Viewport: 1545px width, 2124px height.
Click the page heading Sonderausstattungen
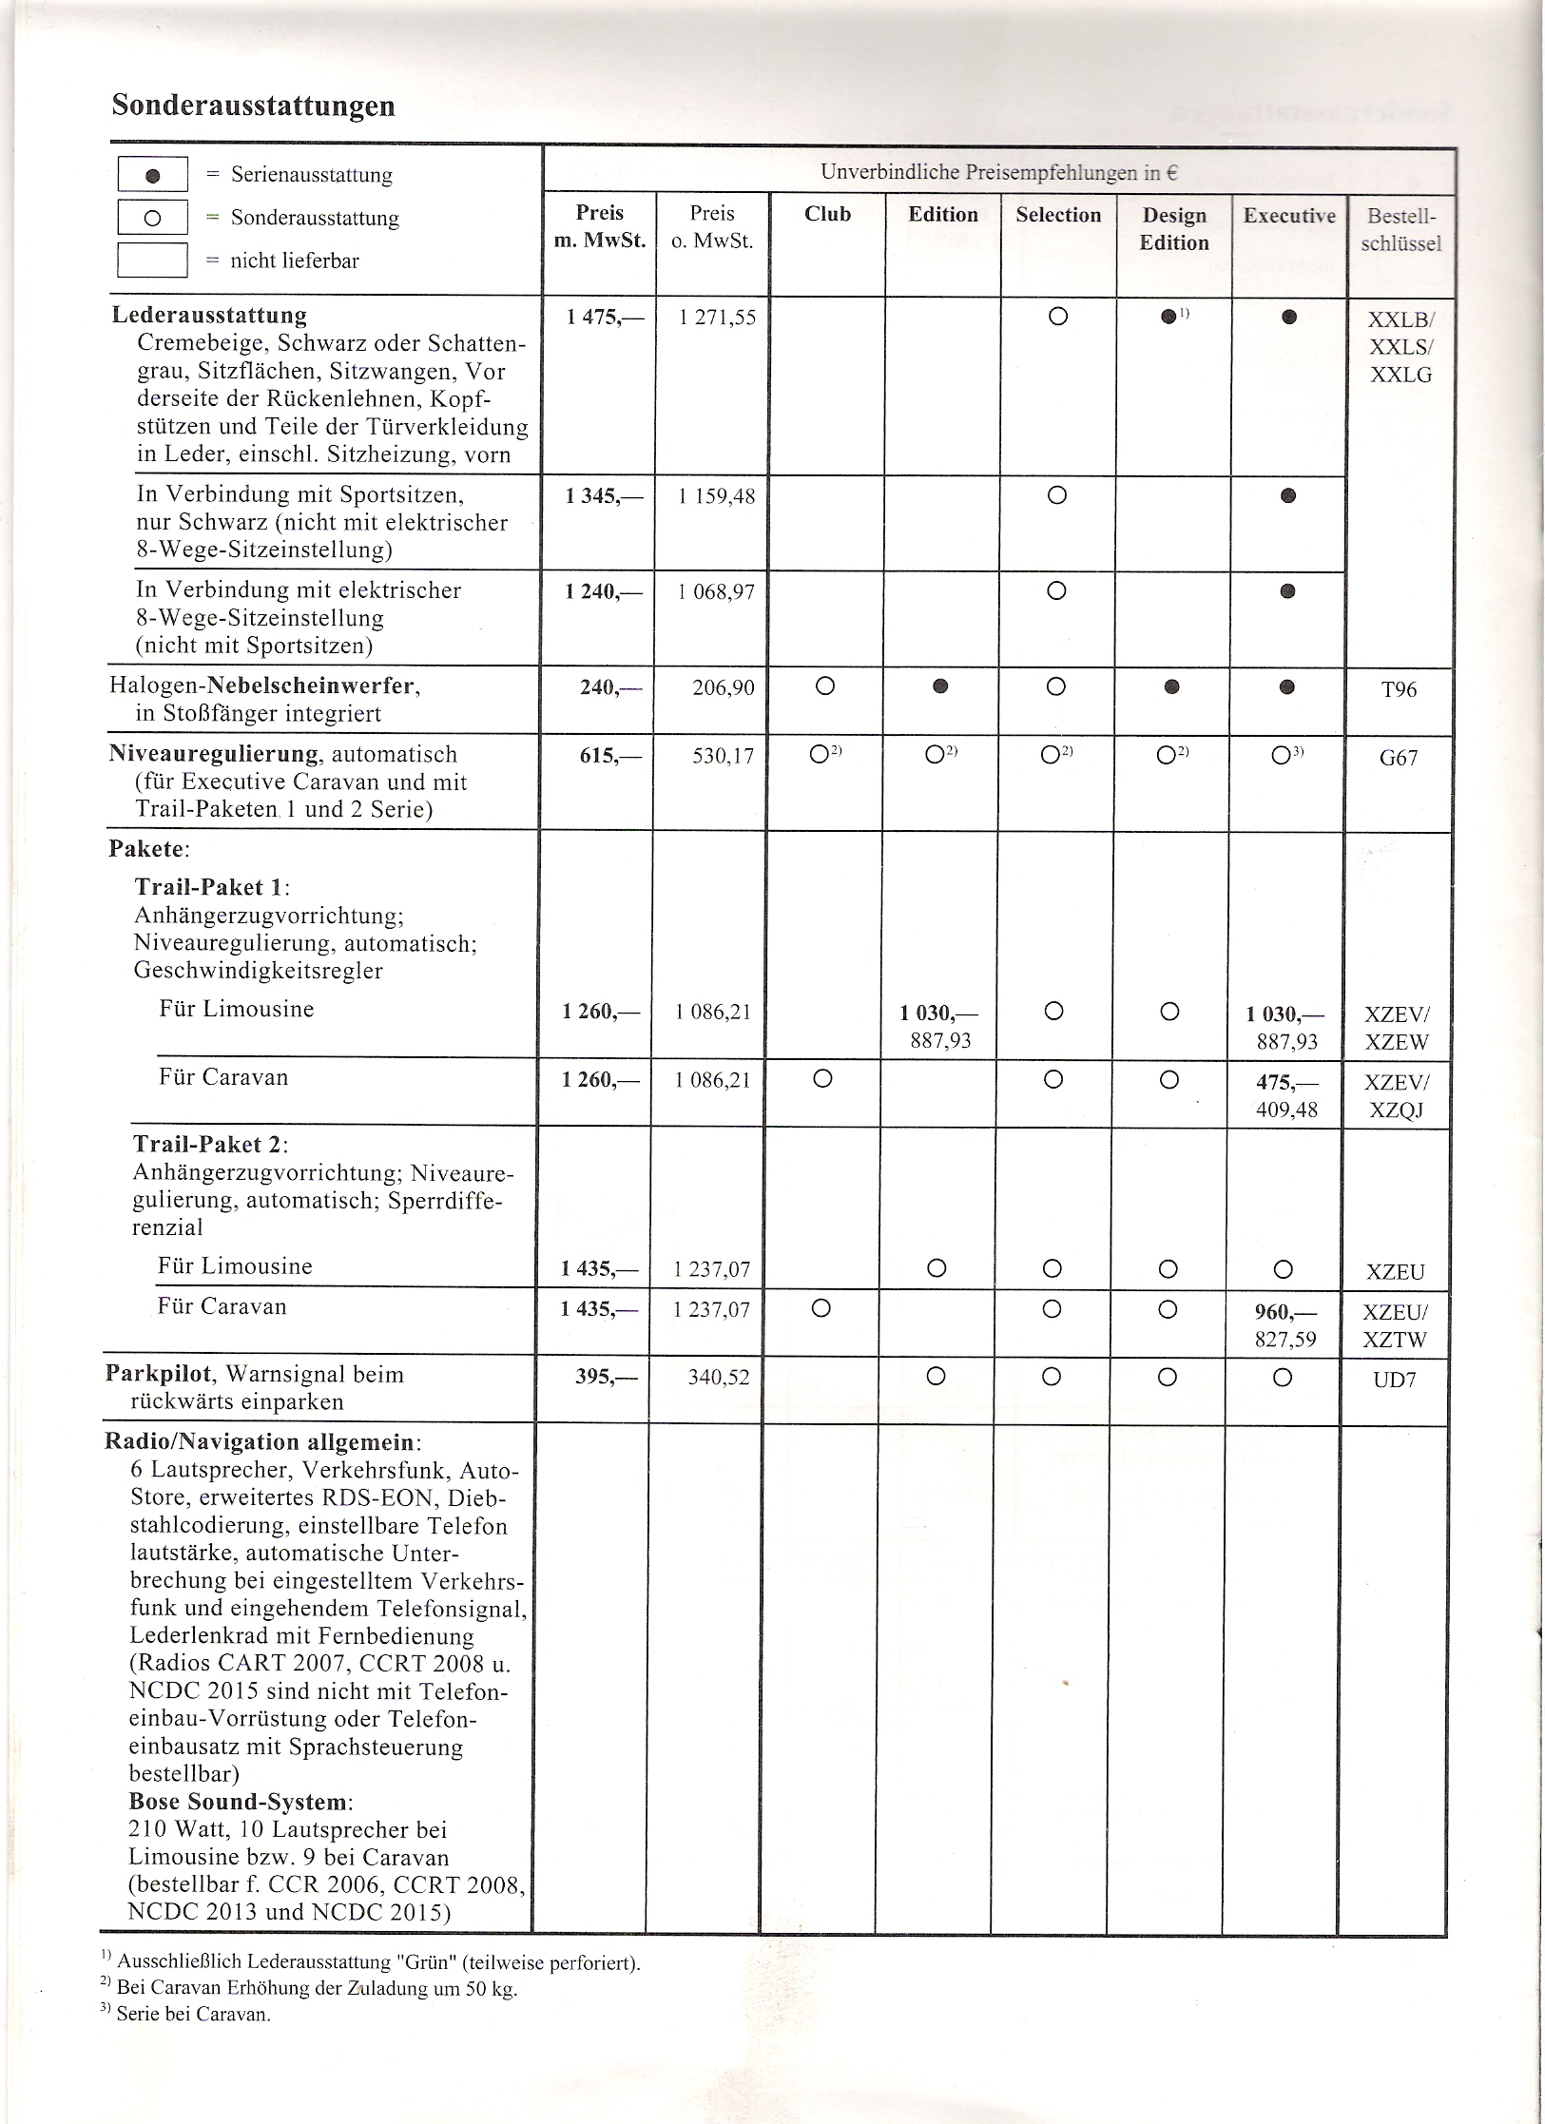click(x=253, y=106)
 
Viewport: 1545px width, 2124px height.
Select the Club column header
click(x=827, y=214)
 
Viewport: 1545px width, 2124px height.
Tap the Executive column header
click(x=1289, y=216)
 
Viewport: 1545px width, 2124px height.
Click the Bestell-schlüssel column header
click(x=1400, y=229)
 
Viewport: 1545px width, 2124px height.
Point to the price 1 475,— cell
click(x=605, y=317)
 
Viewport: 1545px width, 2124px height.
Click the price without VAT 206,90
click(x=724, y=687)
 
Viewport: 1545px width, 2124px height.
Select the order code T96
click(x=1399, y=689)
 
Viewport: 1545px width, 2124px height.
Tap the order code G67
click(x=1399, y=758)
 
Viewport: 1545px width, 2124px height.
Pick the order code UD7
click(x=1395, y=1379)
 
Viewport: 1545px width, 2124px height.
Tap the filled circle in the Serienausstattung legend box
click(x=152, y=176)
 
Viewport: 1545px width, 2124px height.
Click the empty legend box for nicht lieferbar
click(x=152, y=260)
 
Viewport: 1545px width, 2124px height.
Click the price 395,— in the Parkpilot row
click(x=608, y=1377)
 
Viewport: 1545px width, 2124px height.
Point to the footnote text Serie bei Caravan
click(x=193, y=2014)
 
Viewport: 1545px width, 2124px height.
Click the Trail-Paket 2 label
click(x=210, y=1144)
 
